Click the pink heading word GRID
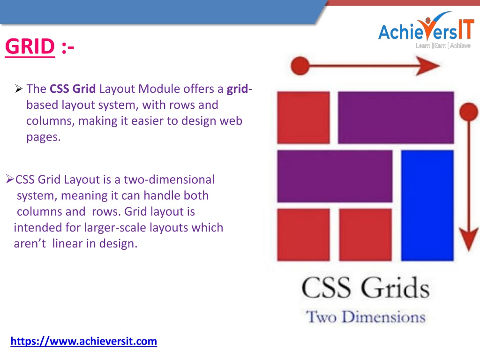click(30, 46)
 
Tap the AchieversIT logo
click(426, 30)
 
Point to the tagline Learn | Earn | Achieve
click(443, 45)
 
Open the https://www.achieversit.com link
click(83, 341)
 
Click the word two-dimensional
click(169, 180)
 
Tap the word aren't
click(30, 244)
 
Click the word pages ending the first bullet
click(44, 137)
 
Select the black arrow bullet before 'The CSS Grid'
click(19, 89)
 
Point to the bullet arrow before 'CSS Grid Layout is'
click(10, 179)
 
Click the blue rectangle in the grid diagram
click(427, 205)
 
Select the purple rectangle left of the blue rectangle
click(335, 176)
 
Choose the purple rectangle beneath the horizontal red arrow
click(396, 117)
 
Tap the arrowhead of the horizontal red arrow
click(428, 66)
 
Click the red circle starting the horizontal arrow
click(300, 66)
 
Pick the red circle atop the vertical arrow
click(469, 112)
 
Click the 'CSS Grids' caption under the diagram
click(365, 287)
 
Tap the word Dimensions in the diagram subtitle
click(383, 316)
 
